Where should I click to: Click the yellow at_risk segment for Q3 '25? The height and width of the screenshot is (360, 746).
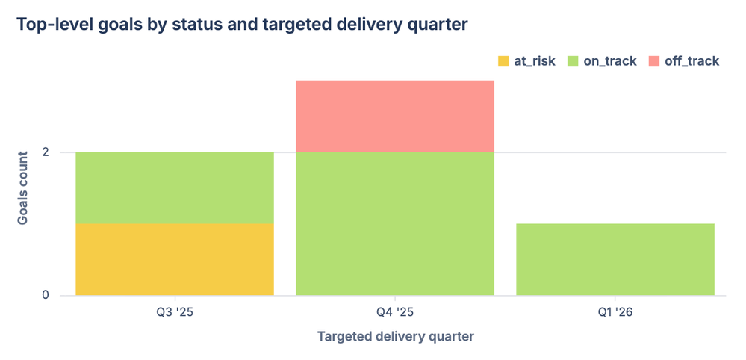coord(175,259)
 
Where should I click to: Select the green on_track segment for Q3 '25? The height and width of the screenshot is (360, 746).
coord(175,187)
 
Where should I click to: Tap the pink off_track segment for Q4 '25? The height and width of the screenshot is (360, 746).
coord(395,116)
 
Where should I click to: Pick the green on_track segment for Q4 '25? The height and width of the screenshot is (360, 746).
coord(395,223)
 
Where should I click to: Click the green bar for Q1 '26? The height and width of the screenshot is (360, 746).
coord(615,259)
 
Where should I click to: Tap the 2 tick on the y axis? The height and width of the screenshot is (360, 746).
coord(46,152)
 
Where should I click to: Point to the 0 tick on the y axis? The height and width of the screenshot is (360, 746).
coord(46,295)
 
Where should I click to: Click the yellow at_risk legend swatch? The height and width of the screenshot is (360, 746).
coord(503,61)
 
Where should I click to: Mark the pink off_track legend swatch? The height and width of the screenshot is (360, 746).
coord(654,61)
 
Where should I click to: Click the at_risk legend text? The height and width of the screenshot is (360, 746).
coord(535,61)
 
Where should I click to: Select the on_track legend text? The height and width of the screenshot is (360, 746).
coord(610,61)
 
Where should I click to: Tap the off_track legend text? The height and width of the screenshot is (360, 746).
coord(692,61)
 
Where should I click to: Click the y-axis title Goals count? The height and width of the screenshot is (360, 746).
coord(23,187)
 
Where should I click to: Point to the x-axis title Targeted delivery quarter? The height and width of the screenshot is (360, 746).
coord(395,336)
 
